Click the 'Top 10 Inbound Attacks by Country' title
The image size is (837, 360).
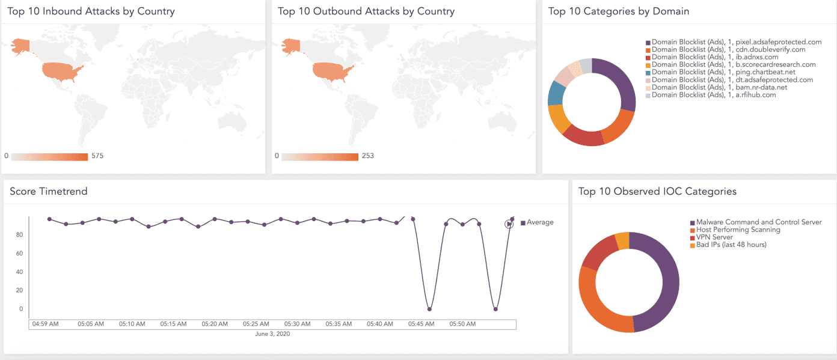(91, 11)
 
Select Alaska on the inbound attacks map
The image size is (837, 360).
(20, 46)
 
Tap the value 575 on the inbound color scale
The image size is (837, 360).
(97, 156)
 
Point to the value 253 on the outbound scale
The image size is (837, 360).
(367, 156)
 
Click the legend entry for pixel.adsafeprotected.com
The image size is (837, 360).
(736, 42)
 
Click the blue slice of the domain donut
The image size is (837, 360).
(556, 93)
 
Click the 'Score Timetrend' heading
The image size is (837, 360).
(49, 191)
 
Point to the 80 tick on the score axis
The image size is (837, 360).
(19, 235)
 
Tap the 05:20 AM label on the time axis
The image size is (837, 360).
(215, 324)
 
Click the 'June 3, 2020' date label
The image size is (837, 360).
(272, 334)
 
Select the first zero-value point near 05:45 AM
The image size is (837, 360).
(429, 309)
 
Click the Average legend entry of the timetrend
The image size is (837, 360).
(539, 222)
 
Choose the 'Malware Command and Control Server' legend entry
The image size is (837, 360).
(758, 222)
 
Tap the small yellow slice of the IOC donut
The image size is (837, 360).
(622, 240)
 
